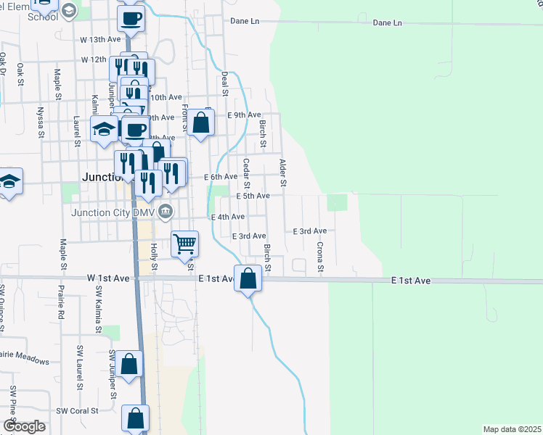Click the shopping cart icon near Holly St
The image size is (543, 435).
point(185,244)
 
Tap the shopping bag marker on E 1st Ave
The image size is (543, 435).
point(248,278)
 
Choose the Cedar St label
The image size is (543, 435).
point(247,172)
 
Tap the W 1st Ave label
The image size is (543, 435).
point(108,278)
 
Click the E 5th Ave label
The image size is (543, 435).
point(253,196)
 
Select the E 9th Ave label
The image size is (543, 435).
point(243,115)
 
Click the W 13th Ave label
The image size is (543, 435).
point(99,38)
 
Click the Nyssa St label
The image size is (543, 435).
point(39,124)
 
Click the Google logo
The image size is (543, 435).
point(23,426)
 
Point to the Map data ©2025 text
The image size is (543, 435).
point(512,429)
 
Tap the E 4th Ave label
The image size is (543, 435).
point(227,217)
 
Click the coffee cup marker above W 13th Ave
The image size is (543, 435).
point(131,19)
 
